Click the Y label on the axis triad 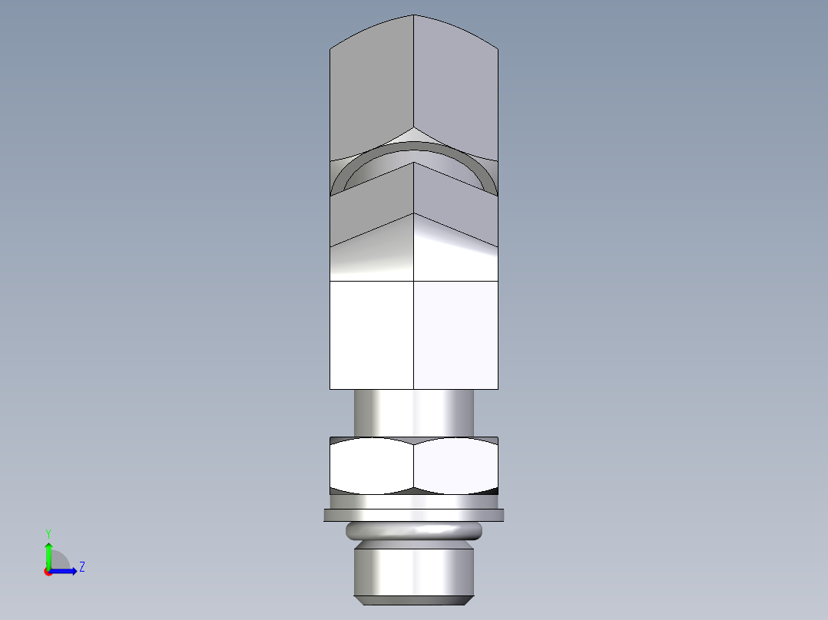tap(48, 533)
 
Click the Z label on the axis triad tap(81, 567)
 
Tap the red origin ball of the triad tap(48, 572)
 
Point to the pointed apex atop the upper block tap(414, 16)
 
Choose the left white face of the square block tap(372, 335)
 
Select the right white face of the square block tap(455, 335)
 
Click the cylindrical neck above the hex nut tap(413, 413)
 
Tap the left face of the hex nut tap(372, 465)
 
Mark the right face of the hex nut tap(456, 465)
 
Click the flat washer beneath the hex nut tap(414, 515)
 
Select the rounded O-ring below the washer tap(414, 530)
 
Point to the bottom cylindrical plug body tap(414, 568)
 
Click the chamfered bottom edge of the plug tap(414, 597)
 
